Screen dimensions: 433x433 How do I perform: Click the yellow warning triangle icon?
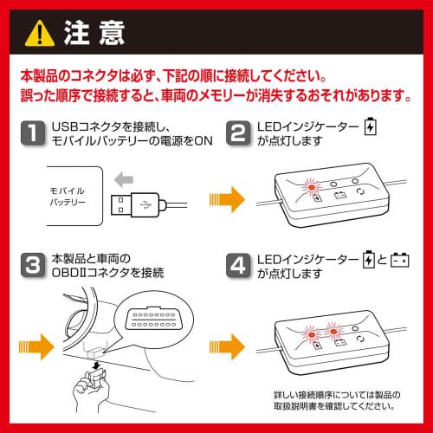pos(40,35)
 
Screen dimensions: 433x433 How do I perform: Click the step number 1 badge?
pos(33,133)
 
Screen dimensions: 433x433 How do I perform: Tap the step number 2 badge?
pos(238,133)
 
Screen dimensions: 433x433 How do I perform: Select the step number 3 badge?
pos(33,265)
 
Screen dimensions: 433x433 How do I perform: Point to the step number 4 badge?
pos(238,265)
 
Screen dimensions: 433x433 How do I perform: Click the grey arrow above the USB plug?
pos(124,179)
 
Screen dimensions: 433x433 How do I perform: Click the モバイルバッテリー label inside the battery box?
pos(68,197)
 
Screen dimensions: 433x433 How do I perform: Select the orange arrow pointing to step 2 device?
pos(227,199)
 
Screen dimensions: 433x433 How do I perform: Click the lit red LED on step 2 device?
pos(312,187)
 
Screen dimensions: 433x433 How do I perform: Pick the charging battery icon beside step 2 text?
pos(370,126)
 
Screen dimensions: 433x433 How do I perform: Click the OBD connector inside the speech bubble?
pos(154,318)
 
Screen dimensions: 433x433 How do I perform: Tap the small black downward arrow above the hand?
pos(96,365)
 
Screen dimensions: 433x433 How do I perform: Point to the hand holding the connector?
pos(91,387)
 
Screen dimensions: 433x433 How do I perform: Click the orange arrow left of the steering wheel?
pos(36,346)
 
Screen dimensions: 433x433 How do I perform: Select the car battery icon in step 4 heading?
pos(399,260)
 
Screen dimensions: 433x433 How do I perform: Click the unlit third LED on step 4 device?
pos(355,328)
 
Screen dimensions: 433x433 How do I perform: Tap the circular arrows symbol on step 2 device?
pos(360,191)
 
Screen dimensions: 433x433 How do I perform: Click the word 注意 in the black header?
pos(94,33)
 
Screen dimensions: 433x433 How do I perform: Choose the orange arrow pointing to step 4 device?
pos(227,346)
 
